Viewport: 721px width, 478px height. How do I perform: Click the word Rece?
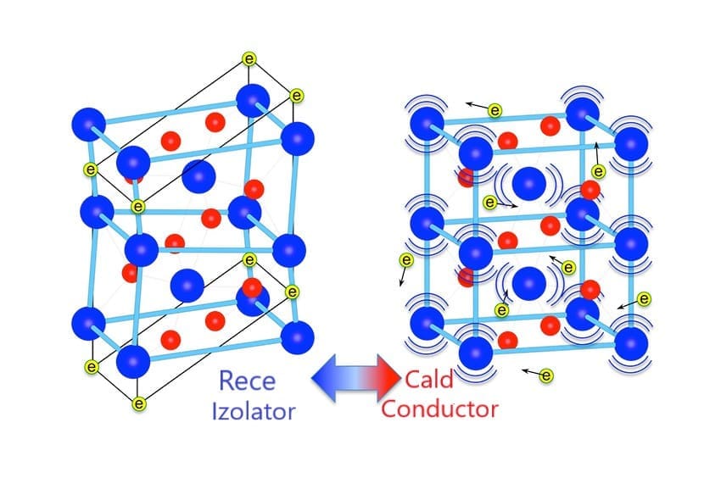click(248, 381)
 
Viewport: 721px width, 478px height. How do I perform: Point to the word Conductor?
click(439, 409)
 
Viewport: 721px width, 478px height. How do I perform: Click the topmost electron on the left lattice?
click(249, 59)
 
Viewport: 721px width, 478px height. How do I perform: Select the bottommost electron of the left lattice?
click(140, 403)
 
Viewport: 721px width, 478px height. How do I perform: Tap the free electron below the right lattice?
click(546, 375)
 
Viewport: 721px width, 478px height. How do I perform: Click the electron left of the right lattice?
click(406, 260)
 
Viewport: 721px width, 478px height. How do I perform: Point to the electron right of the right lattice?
click(644, 298)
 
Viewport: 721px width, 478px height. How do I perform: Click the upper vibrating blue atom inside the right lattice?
click(529, 181)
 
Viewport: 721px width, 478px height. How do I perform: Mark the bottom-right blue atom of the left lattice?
click(296, 337)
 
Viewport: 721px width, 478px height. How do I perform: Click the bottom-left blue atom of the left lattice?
click(88, 323)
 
